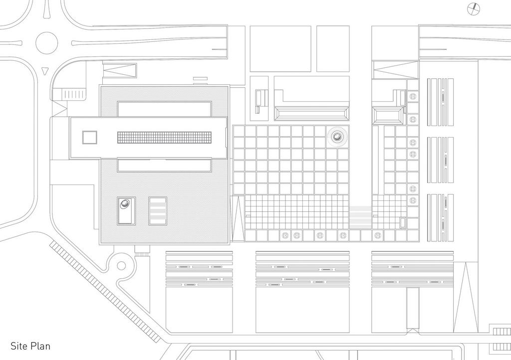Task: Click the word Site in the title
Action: click(x=18, y=346)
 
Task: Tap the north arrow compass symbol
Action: click(x=474, y=9)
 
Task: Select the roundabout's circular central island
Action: click(x=46, y=43)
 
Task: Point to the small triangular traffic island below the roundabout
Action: click(x=45, y=70)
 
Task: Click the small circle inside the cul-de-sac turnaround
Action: click(x=121, y=266)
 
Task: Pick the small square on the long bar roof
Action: click(x=90, y=137)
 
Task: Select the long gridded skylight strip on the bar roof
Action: click(x=164, y=137)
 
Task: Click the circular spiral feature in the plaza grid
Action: click(x=338, y=137)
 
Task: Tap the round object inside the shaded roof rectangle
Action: click(x=125, y=204)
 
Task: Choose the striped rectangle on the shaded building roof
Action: click(x=158, y=211)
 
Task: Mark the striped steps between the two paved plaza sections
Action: click(x=360, y=217)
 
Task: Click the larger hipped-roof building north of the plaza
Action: click(x=311, y=114)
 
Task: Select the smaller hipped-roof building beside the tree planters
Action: click(x=388, y=116)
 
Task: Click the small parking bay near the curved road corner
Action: click(x=73, y=94)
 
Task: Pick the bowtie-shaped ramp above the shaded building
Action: click(x=119, y=70)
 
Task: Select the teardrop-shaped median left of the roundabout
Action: click(x=11, y=43)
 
